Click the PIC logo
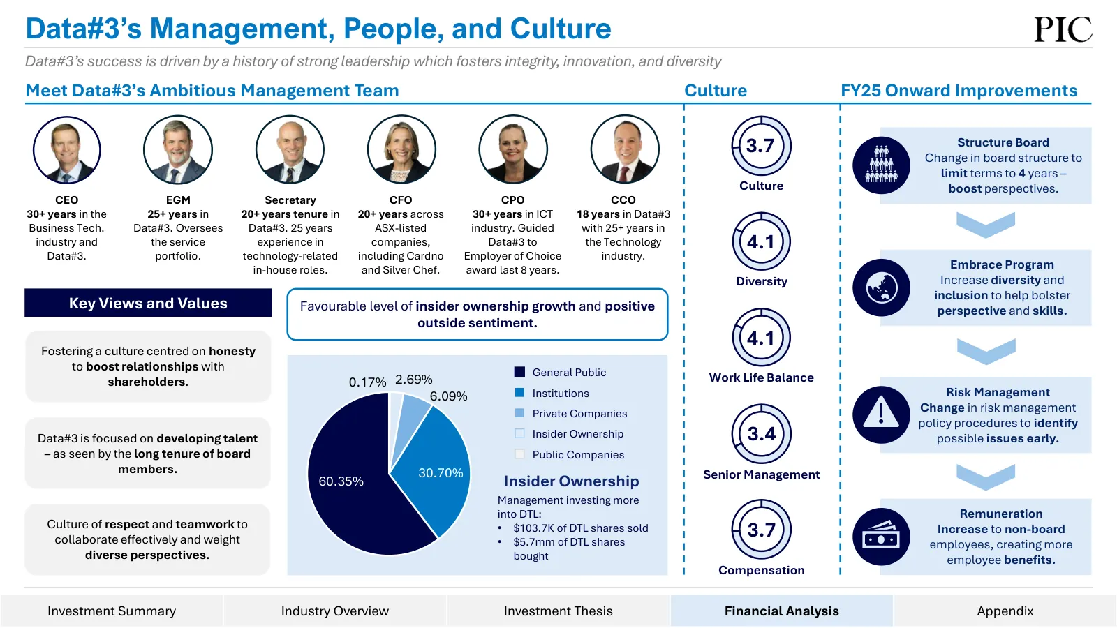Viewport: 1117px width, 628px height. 1063,29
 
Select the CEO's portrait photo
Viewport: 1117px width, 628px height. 67,149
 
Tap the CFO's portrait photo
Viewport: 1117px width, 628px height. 401,149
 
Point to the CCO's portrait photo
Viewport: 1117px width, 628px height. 625,149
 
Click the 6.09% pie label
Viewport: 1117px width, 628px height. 448,396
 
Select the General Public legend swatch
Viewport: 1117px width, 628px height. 519,373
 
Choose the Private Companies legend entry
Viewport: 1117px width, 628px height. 570,414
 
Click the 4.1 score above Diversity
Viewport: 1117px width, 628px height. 761,241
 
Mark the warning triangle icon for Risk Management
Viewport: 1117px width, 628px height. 881,414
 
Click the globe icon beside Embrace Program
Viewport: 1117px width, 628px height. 881,287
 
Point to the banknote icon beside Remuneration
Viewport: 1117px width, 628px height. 881,537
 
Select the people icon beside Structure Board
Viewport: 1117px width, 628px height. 881,165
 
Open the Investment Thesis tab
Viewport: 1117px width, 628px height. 558,611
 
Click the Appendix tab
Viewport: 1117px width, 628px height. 1005,611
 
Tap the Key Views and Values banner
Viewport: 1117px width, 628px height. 148,303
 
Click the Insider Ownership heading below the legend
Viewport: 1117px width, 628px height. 571,481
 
